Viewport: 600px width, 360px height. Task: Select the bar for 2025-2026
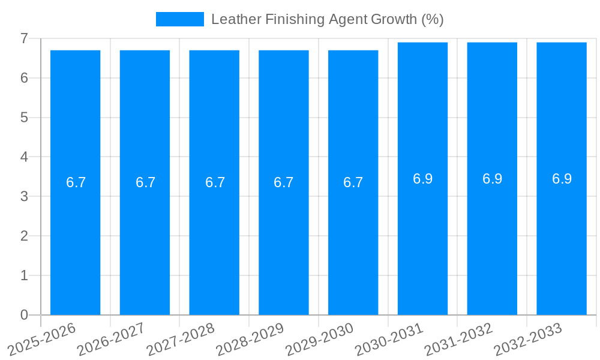pyautogui.click(x=75, y=240)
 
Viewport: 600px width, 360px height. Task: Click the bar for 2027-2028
pyautogui.click(x=214, y=240)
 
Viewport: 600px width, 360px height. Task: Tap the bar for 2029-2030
pyautogui.click(x=353, y=240)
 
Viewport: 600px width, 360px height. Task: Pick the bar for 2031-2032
pyautogui.click(x=492, y=240)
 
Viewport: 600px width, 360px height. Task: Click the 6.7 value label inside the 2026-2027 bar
pyautogui.click(x=145, y=182)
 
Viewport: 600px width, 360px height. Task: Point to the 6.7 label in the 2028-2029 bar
pyautogui.click(x=283, y=182)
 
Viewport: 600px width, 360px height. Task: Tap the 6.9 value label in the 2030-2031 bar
pyautogui.click(x=422, y=179)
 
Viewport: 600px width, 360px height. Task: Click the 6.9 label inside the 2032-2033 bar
pyautogui.click(x=562, y=179)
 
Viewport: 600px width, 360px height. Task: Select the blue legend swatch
pyautogui.click(x=179, y=19)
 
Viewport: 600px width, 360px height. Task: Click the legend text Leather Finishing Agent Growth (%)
pyautogui.click(x=327, y=19)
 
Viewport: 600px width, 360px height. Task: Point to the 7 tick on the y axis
pyautogui.click(x=24, y=38)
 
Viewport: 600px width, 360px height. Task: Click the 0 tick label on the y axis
pyautogui.click(x=24, y=315)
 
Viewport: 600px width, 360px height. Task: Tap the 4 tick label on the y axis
pyautogui.click(x=24, y=157)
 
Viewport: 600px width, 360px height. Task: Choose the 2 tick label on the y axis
pyautogui.click(x=24, y=236)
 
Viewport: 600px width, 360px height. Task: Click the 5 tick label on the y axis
pyautogui.click(x=24, y=118)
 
